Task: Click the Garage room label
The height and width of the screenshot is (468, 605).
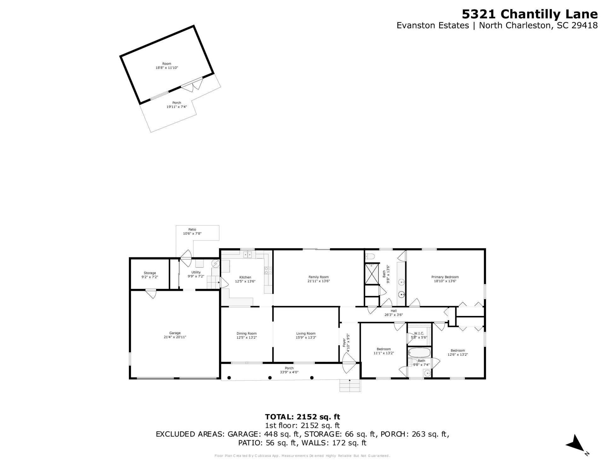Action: coord(175,333)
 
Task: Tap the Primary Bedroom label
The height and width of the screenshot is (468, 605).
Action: coord(445,277)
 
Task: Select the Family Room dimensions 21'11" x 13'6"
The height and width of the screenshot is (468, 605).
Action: coord(319,281)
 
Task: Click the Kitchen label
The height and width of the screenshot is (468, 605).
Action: coord(245,277)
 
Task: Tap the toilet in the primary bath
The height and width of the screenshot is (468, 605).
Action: coord(370,256)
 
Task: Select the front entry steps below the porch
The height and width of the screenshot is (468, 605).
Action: coord(350,385)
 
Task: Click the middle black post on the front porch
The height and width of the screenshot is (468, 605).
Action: coord(270,377)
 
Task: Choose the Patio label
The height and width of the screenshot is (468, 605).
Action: coord(192,230)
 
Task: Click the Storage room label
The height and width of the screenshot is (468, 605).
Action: coord(150,273)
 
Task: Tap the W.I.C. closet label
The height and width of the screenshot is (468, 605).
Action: coord(419,333)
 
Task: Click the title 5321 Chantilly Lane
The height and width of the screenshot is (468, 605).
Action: coord(529,14)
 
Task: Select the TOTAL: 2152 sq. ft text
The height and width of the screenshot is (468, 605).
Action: coord(302,417)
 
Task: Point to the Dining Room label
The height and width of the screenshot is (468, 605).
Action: coord(246,333)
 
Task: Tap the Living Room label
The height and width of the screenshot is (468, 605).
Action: coord(306,333)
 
